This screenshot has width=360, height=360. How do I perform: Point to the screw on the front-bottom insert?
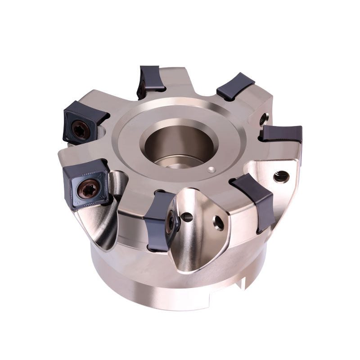click(x=171, y=220)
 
